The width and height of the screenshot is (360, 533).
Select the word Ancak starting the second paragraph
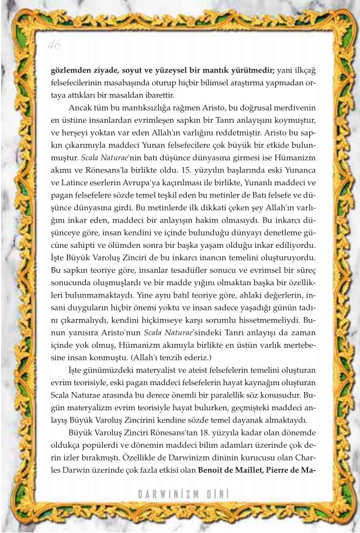pyautogui.click(x=81, y=109)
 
